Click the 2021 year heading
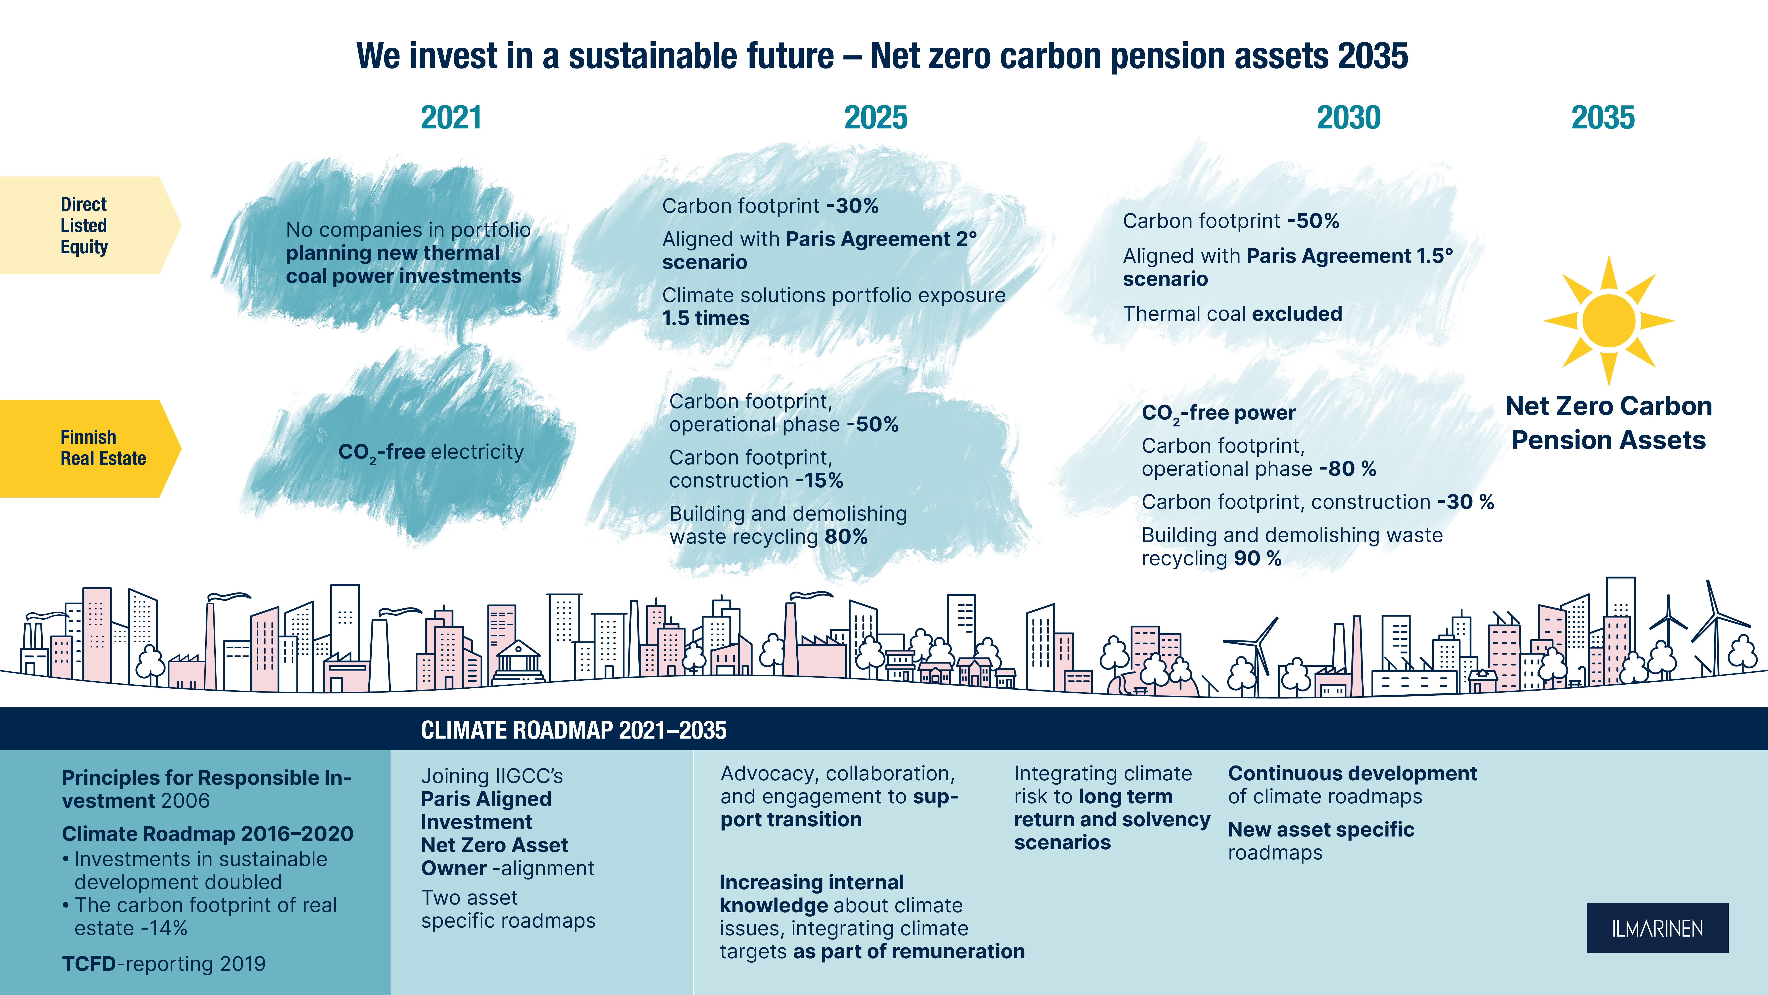coord(451,117)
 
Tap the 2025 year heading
coord(876,117)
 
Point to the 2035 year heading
coord(1603,117)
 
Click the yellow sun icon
coord(1609,321)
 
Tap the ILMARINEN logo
coord(1658,928)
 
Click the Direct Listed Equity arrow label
coord(89,225)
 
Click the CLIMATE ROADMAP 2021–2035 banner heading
coord(574,730)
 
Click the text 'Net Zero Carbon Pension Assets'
coord(1609,423)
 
